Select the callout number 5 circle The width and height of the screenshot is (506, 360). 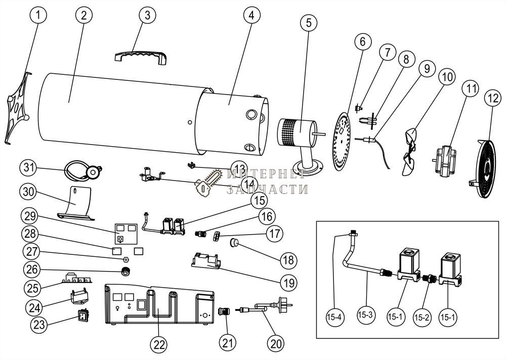pos(309,22)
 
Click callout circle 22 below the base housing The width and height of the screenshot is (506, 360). pos(159,344)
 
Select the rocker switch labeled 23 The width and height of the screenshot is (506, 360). pos(82,317)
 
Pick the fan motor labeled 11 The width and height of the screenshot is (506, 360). pos(445,159)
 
